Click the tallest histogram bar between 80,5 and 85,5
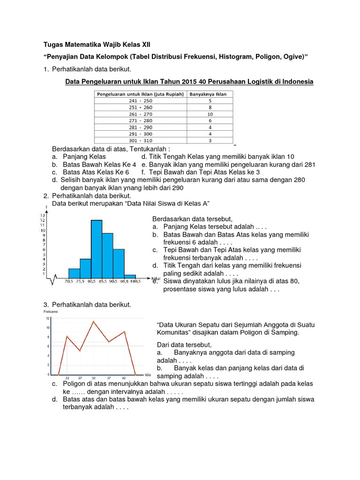tap(97, 248)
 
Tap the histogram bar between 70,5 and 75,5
tap(74, 273)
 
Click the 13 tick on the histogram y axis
tap(43, 215)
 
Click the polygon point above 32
tap(94, 322)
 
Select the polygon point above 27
tap(80, 351)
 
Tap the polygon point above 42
tap(124, 332)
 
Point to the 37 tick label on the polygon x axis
tap(109, 378)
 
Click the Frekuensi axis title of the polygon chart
tap(50, 311)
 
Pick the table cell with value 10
tap(210, 113)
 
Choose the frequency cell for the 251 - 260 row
tap(210, 107)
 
